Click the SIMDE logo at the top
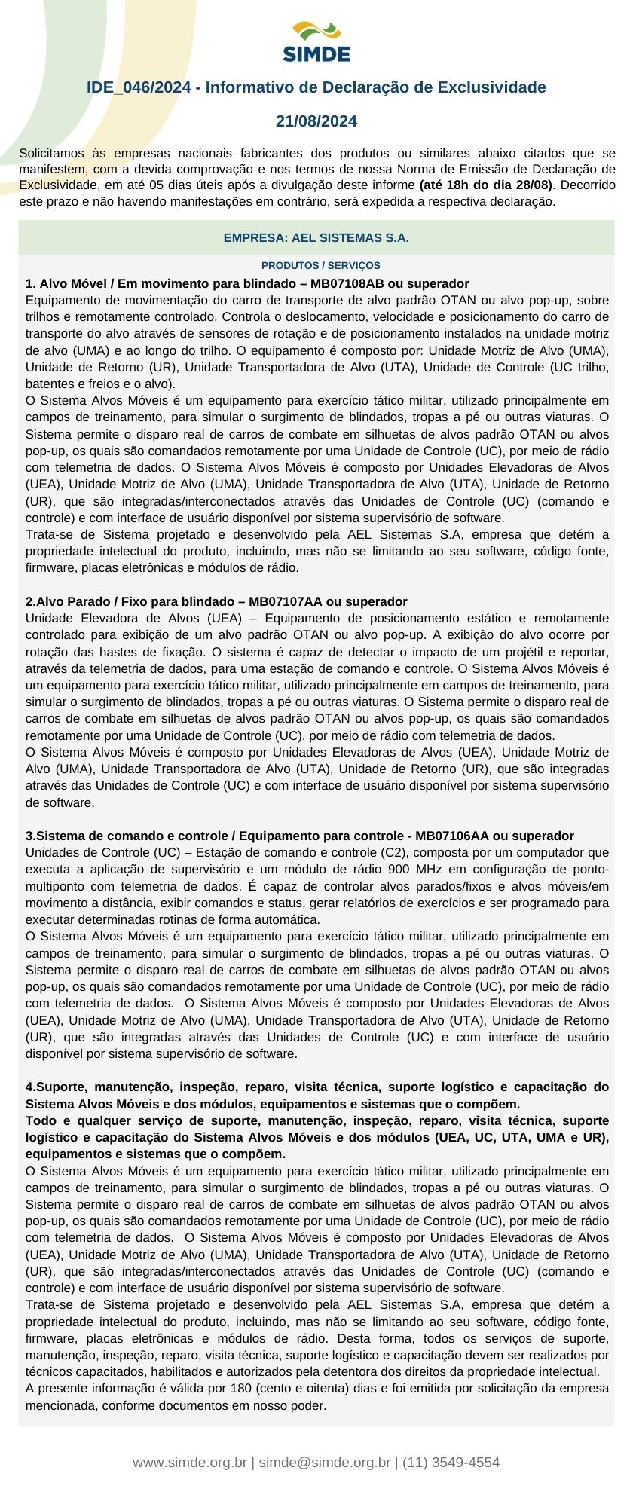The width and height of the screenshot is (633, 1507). (x=316, y=42)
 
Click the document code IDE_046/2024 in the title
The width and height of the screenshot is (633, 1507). (x=139, y=87)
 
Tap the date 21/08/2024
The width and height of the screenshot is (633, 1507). (x=316, y=121)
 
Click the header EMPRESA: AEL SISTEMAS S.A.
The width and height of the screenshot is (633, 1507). (x=316, y=238)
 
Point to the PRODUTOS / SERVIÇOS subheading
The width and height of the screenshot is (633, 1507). (x=320, y=265)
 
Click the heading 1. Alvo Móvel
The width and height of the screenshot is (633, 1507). (x=69, y=284)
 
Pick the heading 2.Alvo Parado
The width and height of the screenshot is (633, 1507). (x=69, y=601)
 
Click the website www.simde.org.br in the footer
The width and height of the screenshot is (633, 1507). (x=190, y=1462)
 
